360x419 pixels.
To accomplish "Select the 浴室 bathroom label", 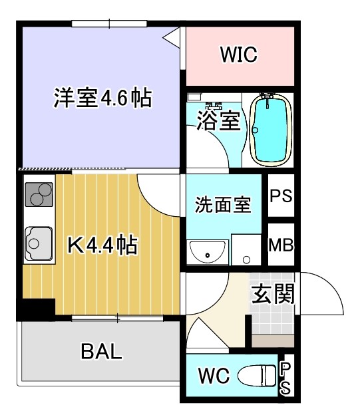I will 218,122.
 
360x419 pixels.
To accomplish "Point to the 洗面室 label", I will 223,205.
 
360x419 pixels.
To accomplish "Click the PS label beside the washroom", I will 280,197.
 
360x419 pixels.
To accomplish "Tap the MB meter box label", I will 280,245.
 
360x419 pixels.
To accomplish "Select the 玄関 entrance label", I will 273,293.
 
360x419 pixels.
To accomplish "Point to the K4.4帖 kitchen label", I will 103,246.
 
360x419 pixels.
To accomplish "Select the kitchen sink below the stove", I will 38,243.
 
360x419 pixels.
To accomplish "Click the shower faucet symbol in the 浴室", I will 213,106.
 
